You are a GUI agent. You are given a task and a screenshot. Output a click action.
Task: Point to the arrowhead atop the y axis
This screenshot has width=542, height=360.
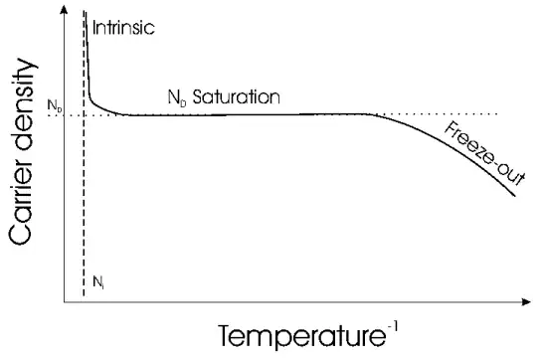point(66,9)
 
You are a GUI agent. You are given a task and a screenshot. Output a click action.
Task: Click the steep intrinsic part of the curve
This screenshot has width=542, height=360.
point(88,60)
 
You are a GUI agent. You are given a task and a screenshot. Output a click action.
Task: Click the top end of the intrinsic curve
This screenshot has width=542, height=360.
point(87,12)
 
